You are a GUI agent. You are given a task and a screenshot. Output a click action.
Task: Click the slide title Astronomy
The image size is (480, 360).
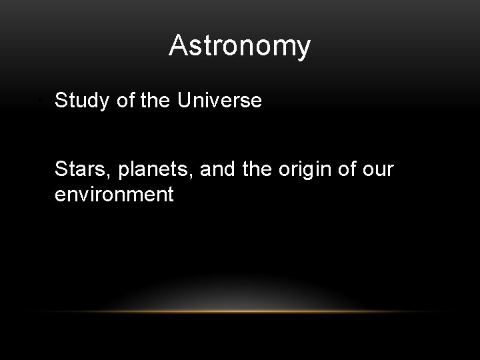click(239, 46)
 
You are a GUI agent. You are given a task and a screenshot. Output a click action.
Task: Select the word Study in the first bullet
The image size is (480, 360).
click(81, 101)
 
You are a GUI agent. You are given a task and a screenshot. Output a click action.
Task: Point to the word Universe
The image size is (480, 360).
click(219, 101)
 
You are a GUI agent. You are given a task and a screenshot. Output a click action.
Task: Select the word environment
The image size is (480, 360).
click(114, 195)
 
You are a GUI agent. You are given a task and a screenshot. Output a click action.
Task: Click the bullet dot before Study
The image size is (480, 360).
click(41, 102)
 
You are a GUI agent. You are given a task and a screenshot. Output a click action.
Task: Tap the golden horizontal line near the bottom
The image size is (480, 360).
click(240, 311)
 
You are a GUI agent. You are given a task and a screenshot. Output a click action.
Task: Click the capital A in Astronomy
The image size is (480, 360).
click(178, 45)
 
